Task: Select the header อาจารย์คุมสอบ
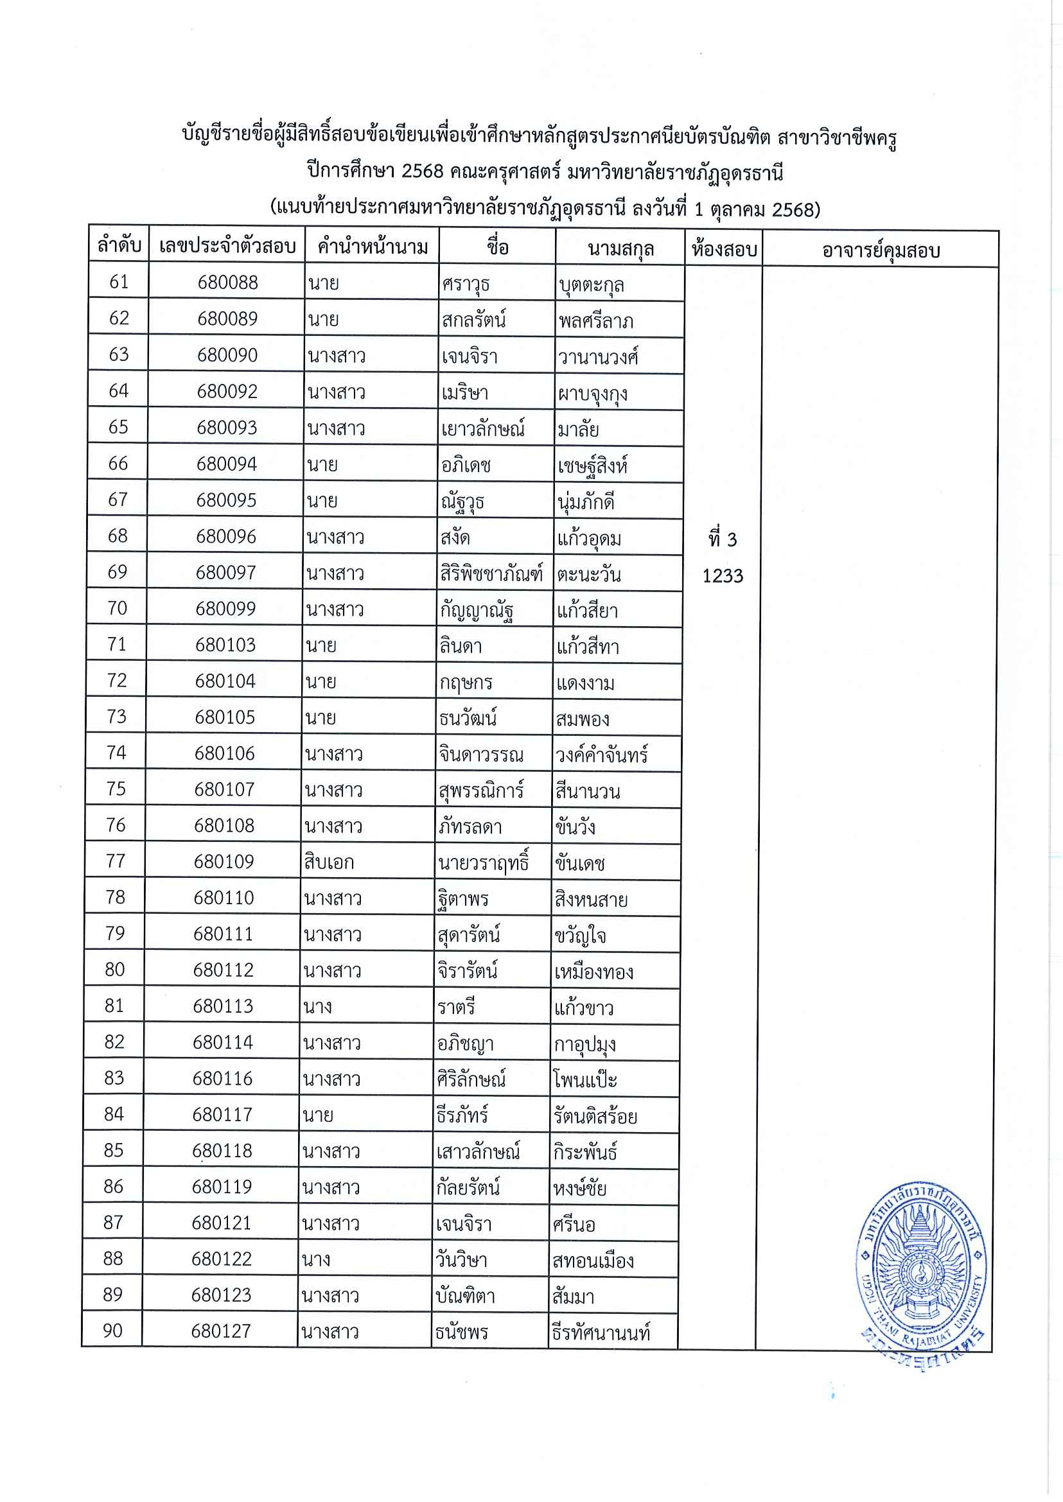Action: point(881,250)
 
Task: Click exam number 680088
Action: point(228,283)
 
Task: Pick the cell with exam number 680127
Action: point(220,1331)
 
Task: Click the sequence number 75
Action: point(116,789)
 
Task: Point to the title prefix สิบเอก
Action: point(329,862)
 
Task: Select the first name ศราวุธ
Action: point(466,284)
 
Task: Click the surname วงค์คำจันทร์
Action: point(602,755)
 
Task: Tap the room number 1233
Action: point(723,576)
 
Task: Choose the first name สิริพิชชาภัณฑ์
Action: point(491,574)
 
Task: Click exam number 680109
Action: point(224,861)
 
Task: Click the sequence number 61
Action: point(119,281)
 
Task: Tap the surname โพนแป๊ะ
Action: point(584,1079)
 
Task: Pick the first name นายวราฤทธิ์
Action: point(484,863)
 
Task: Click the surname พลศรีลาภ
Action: point(595,320)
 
